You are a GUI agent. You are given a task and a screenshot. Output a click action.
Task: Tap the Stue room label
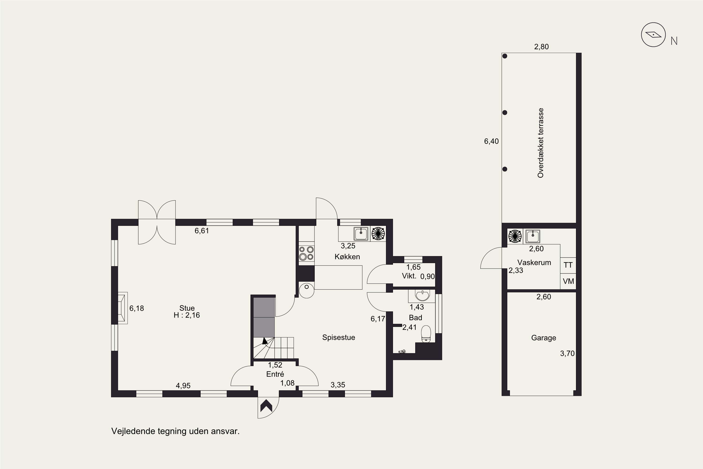187,308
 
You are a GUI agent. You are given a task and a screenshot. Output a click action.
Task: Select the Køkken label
347,257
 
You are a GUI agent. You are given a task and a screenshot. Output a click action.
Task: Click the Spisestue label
339,337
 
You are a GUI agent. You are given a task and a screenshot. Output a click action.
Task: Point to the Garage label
544,338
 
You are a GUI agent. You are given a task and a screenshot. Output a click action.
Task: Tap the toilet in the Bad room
426,334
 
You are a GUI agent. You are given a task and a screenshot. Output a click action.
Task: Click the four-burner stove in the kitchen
306,253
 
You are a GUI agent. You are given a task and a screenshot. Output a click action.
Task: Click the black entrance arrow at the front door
266,406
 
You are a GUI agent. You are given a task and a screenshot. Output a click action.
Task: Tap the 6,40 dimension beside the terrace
491,141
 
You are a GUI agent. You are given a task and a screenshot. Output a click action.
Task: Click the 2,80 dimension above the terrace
542,47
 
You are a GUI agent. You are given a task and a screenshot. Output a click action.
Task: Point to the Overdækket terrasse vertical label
540,143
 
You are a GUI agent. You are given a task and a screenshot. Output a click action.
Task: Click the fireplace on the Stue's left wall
122,308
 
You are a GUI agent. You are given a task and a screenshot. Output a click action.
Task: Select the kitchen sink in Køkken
361,234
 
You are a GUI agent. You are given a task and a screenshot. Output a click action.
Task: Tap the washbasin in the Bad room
422,295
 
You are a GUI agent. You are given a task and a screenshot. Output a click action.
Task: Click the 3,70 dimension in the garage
567,354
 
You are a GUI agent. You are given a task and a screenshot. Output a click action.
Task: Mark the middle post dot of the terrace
505,113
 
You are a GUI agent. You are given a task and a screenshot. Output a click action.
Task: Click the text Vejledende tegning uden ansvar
176,431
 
